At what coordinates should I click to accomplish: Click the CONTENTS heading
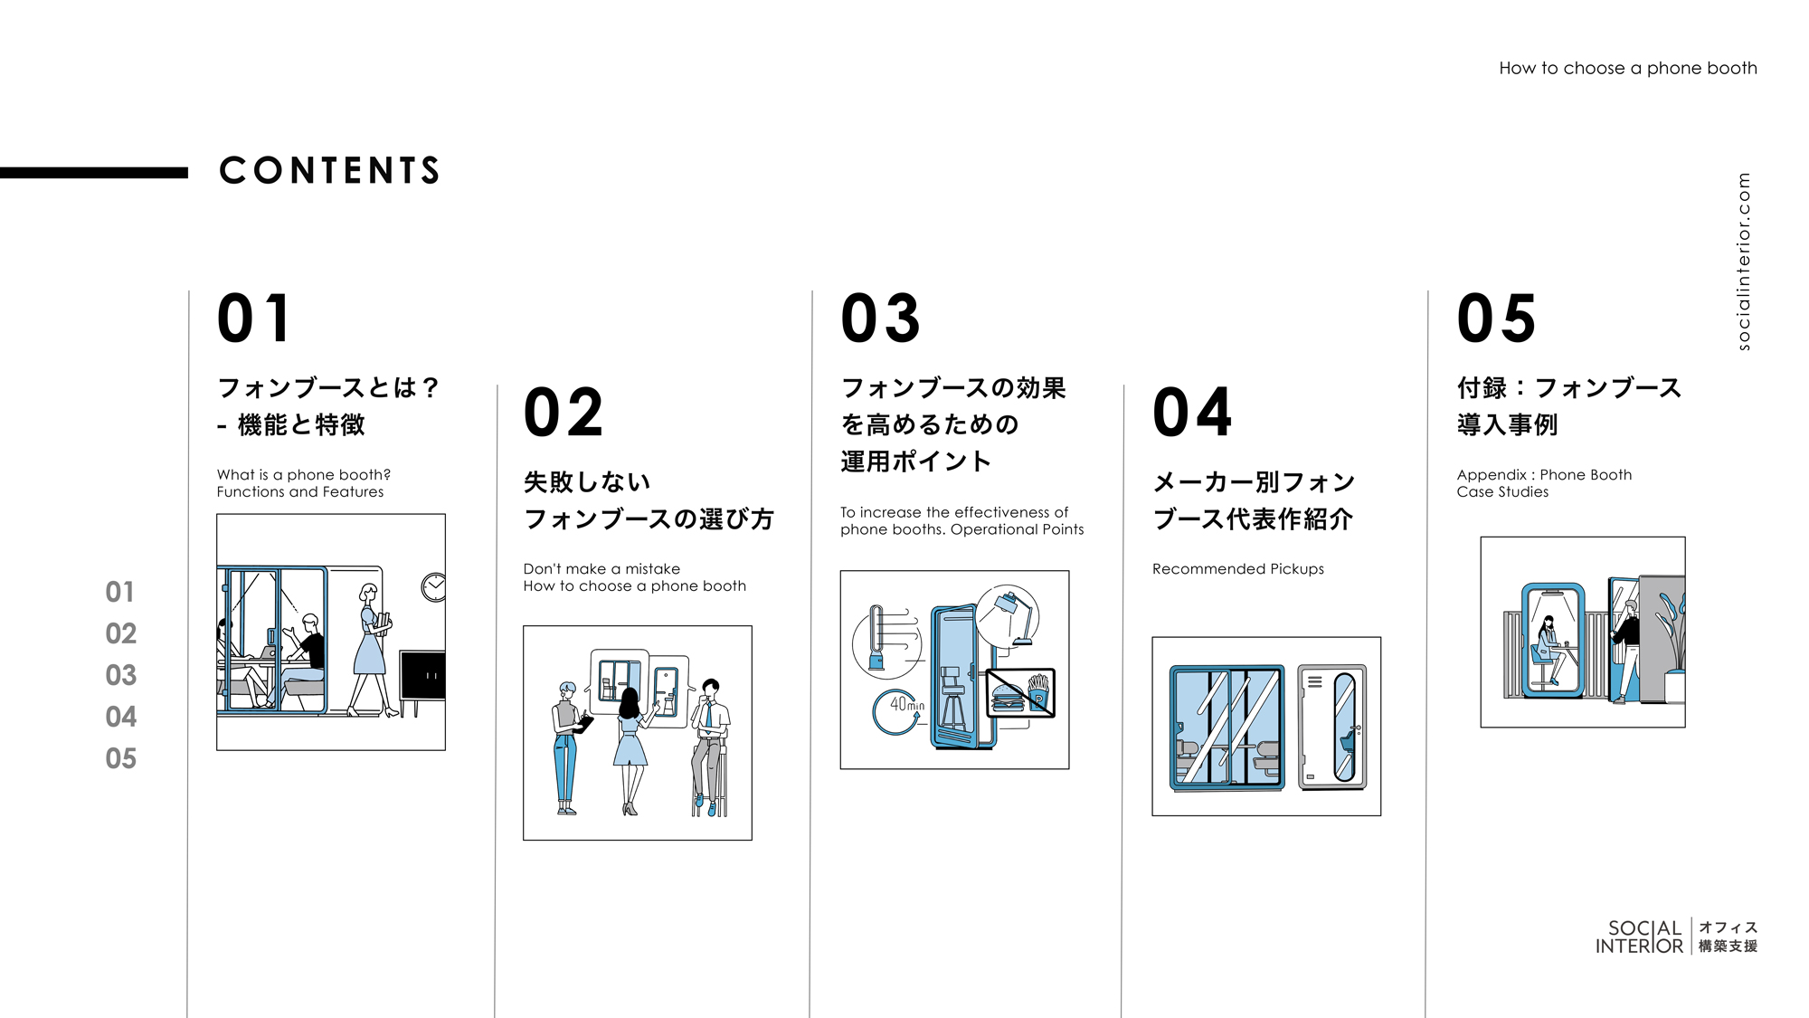coord(329,171)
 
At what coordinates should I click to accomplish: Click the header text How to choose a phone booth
coord(1627,68)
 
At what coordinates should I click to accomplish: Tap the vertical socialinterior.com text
coord(1743,262)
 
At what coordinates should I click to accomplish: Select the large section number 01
coord(254,319)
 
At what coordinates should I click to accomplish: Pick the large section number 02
coord(563,413)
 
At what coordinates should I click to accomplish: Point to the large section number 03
coord(880,319)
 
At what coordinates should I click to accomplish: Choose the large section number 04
coord(1192,413)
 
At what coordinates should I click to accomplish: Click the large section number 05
coord(1496,319)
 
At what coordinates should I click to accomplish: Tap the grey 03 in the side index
coord(121,675)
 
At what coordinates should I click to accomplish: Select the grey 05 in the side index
coord(121,758)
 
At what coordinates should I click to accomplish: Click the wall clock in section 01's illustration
coord(433,587)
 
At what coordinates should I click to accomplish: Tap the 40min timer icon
coord(899,709)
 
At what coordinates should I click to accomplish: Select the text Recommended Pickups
coord(1237,569)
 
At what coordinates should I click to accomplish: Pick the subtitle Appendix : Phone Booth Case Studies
coord(1543,483)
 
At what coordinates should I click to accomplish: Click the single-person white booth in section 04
coord(1332,727)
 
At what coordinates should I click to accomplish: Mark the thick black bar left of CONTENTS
coord(94,172)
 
